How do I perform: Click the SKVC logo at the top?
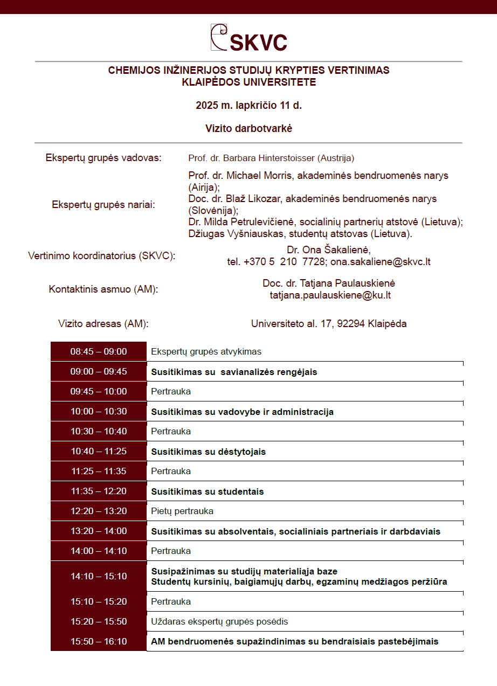(x=248, y=38)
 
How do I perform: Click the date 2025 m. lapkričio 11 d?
(x=248, y=105)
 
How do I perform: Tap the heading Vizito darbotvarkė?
(x=248, y=128)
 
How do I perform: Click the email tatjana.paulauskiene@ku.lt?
(x=330, y=295)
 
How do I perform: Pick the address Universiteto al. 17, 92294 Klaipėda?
(x=329, y=324)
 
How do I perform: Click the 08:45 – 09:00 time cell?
(x=99, y=352)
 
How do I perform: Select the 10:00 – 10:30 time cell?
(x=99, y=412)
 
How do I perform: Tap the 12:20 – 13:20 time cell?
(x=99, y=511)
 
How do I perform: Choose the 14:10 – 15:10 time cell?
(x=99, y=576)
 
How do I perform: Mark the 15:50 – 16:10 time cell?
(x=99, y=641)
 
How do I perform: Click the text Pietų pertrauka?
(x=182, y=511)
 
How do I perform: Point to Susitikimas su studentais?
(x=207, y=491)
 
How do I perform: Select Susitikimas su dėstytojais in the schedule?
(x=208, y=452)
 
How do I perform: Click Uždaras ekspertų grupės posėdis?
(x=219, y=621)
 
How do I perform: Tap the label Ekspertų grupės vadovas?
(x=103, y=158)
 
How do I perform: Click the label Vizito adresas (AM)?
(x=103, y=324)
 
